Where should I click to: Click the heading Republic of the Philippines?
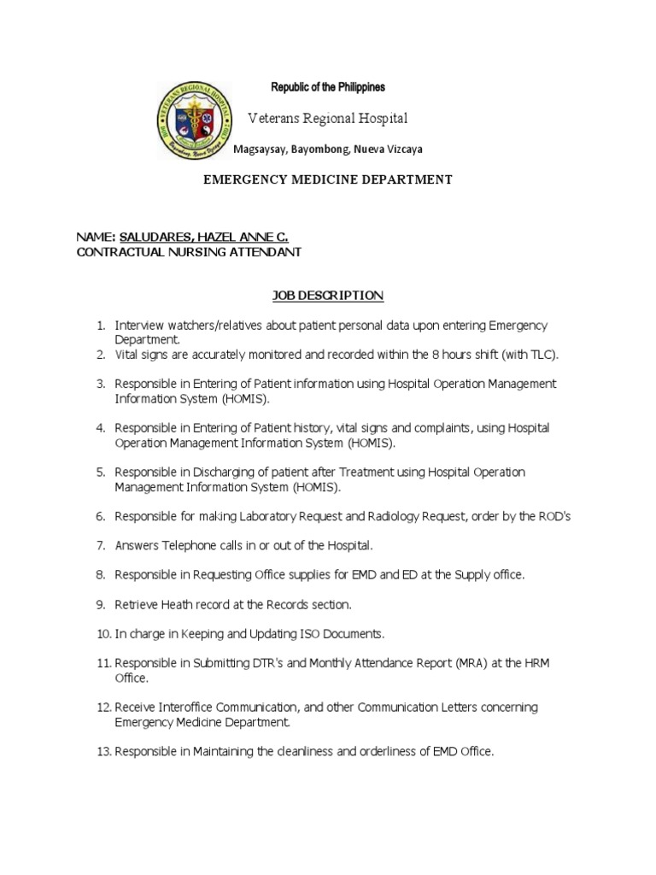click(x=328, y=87)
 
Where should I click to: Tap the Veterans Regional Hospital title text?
click(x=327, y=118)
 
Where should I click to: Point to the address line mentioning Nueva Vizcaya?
click(x=328, y=149)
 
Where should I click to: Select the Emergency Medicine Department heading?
click(x=326, y=179)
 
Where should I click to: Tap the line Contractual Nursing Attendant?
click(x=189, y=252)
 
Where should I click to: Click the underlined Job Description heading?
click(x=328, y=296)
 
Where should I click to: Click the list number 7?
click(x=100, y=545)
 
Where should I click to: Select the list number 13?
click(x=102, y=752)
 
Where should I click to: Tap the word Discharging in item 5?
click(x=209, y=472)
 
